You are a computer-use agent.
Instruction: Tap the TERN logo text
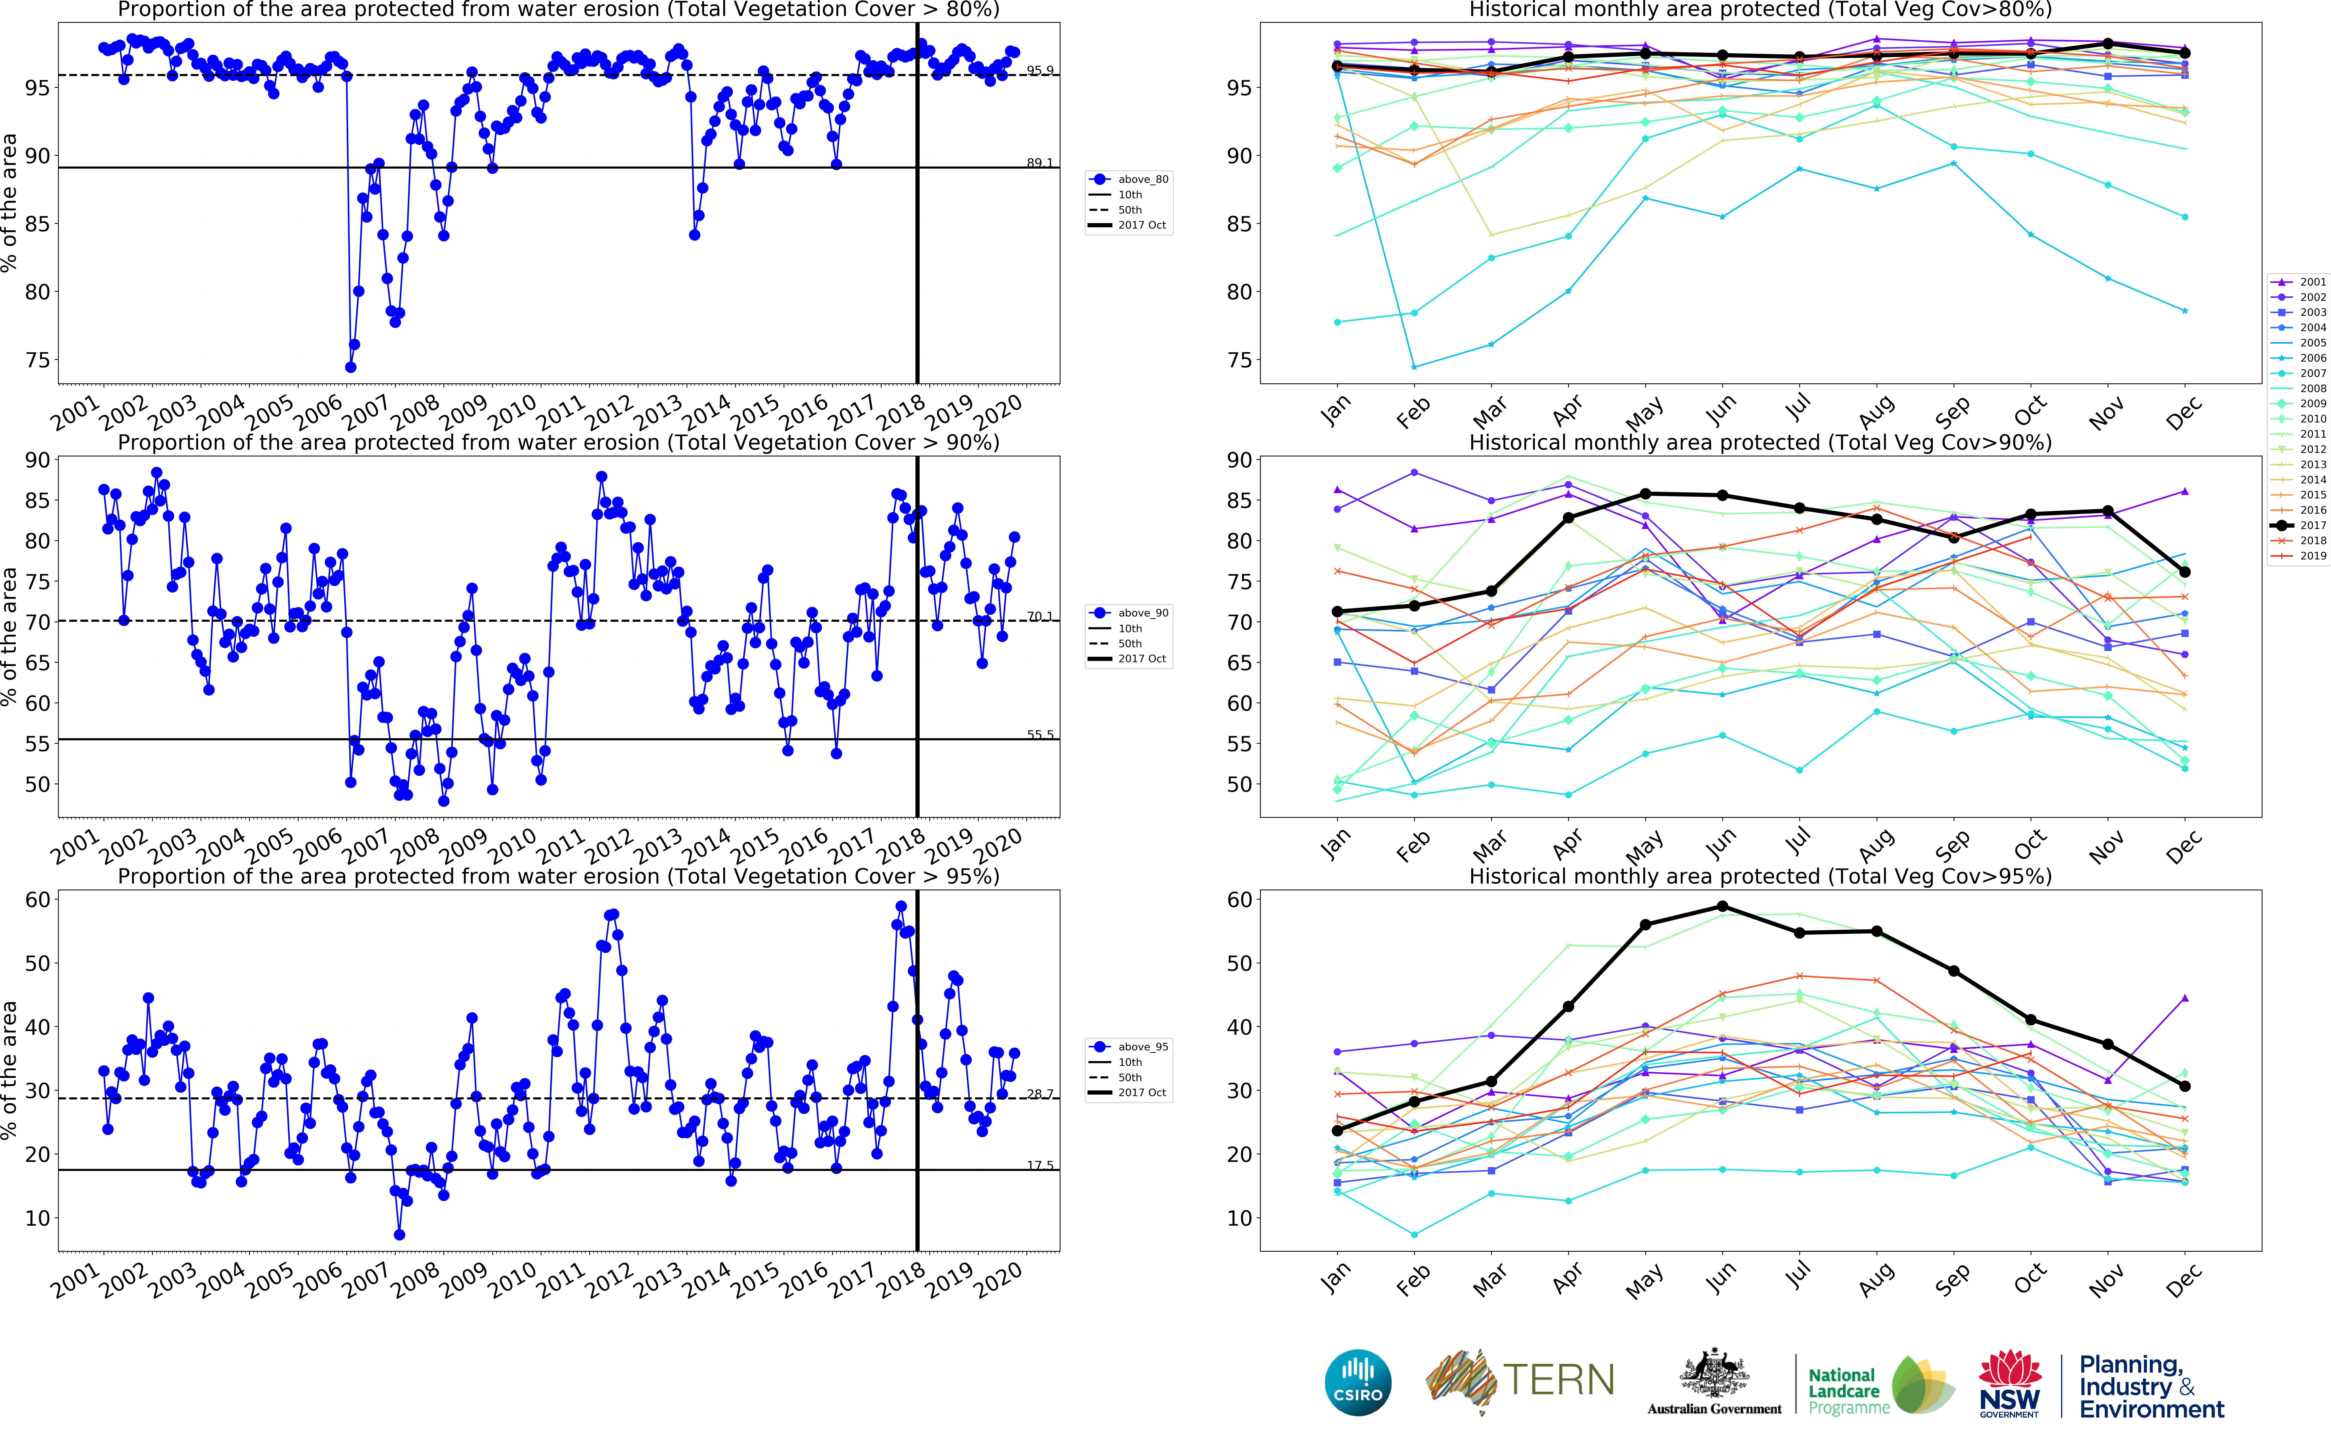click(1558, 1381)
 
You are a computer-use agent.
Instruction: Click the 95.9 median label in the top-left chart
click(1040, 71)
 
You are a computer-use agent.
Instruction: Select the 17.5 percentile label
click(1040, 1165)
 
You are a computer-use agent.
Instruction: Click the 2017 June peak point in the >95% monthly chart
click(1722, 906)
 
